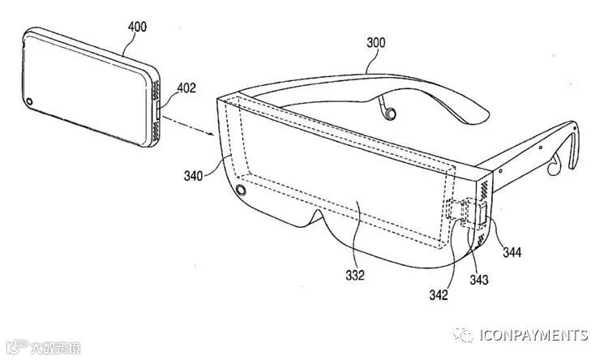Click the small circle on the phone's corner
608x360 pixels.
tap(30, 103)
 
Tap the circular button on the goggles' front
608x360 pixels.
tap(240, 191)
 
